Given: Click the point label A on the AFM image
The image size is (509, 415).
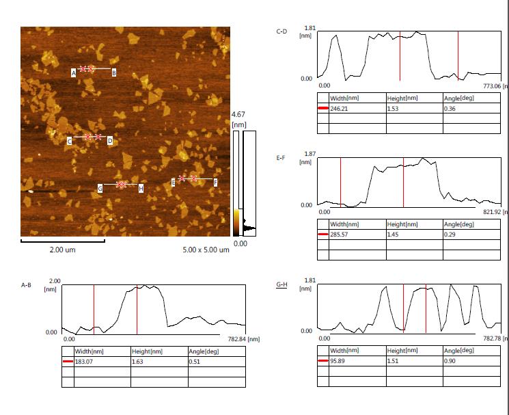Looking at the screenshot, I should pyautogui.click(x=73, y=72).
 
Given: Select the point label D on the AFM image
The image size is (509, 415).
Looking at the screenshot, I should pyautogui.click(x=109, y=141).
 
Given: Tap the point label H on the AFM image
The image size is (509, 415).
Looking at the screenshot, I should pyautogui.click(x=141, y=187).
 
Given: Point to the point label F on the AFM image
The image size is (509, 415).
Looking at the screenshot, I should pyautogui.click(x=215, y=182).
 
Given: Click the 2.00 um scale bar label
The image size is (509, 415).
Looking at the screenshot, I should pyautogui.click(x=62, y=250).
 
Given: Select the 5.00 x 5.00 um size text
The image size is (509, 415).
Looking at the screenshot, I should pyautogui.click(x=206, y=250).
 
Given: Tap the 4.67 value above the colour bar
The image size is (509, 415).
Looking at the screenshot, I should pyautogui.click(x=238, y=114).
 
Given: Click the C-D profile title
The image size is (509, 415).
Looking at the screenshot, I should pyautogui.click(x=281, y=31).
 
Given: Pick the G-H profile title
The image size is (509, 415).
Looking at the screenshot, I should pyautogui.click(x=281, y=284).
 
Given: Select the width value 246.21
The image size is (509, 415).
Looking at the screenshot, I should pyautogui.click(x=340, y=109).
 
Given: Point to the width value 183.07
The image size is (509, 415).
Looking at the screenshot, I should pyautogui.click(x=85, y=361).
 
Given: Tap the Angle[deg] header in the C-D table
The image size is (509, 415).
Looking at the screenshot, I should pyautogui.click(x=458, y=98).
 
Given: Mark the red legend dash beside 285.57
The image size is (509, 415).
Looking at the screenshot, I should pyautogui.click(x=322, y=235).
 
